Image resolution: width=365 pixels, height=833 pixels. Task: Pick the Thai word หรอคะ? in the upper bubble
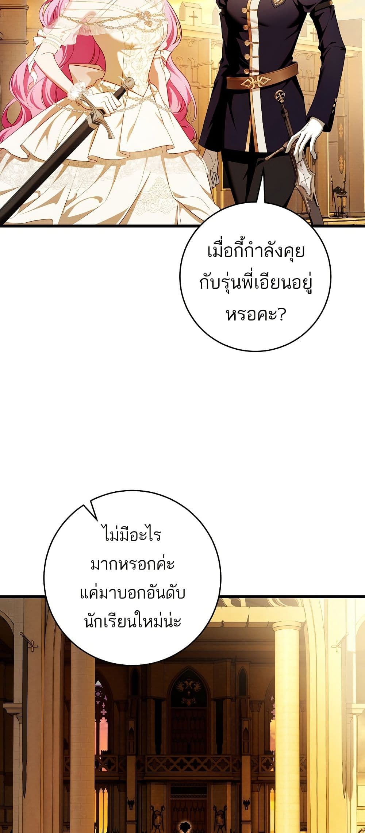tap(255, 314)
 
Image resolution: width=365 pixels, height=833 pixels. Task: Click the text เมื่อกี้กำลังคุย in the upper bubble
tap(255, 252)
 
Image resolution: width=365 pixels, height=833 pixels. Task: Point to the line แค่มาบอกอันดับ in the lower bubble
tap(132, 593)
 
